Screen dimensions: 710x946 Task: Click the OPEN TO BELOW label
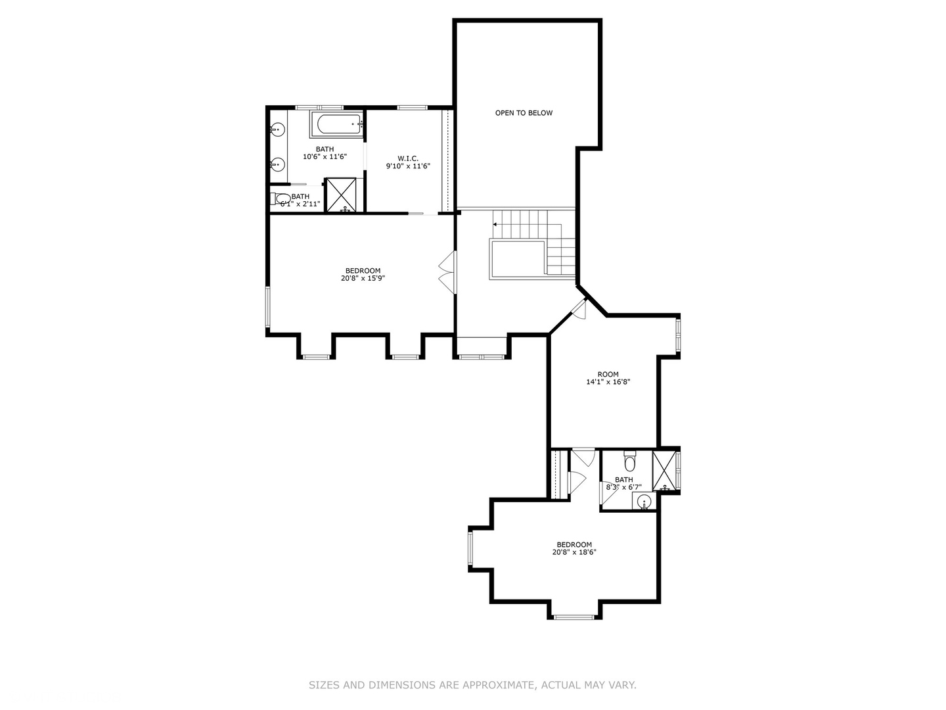[x=524, y=113]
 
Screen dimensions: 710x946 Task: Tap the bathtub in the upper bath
[x=336, y=124]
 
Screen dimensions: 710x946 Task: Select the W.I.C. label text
[x=407, y=158]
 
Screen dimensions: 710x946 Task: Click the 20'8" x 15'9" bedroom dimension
[x=363, y=278]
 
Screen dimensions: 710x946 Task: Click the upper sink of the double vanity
[x=278, y=130]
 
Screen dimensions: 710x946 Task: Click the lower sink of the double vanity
[x=278, y=164]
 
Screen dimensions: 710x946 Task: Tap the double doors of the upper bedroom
[x=447, y=272]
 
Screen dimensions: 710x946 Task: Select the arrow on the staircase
[x=495, y=224]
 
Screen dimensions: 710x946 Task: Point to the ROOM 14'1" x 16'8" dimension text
[x=608, y=382]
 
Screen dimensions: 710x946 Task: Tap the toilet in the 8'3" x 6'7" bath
[x=630, y=462]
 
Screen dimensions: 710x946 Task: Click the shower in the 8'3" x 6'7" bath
[x=664, y=470]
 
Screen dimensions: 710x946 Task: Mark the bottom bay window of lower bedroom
[x=574, y=617]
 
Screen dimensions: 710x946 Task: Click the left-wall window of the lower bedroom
[x=470, y=549]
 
